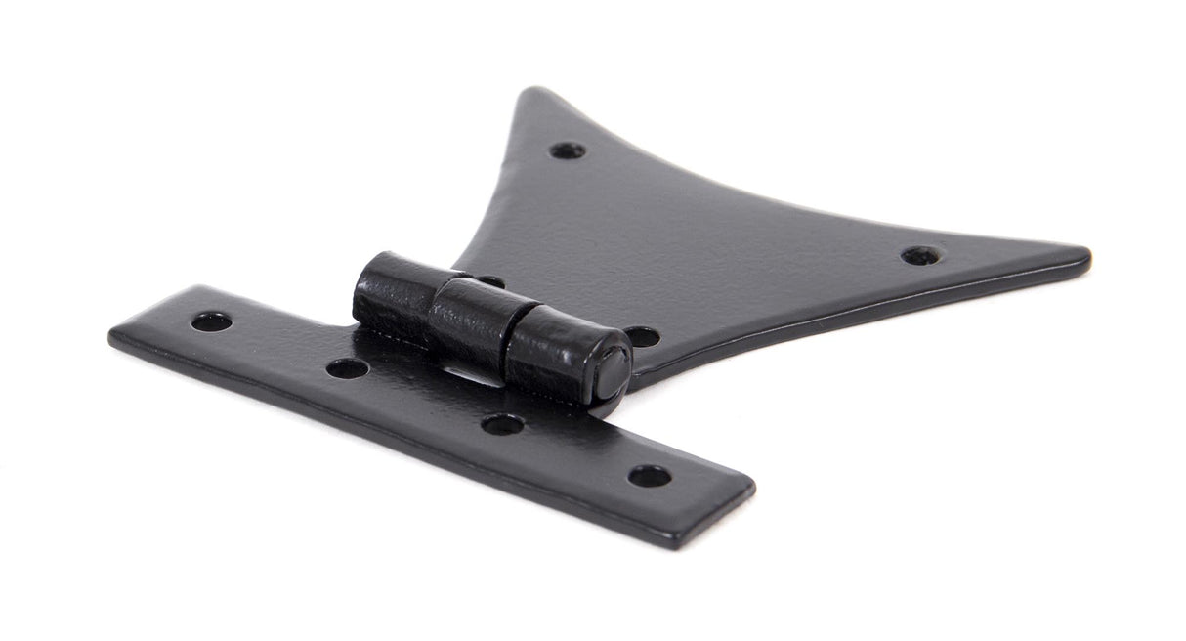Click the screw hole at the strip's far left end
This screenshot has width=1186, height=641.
(x=211, y=321)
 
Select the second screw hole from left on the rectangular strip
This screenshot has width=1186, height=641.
(x=347, y=368)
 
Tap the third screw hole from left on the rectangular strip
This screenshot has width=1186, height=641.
(x=502, y=424)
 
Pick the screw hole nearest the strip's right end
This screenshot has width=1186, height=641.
(x=650, y=476)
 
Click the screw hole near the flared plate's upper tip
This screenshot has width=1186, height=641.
(x=567, y=150)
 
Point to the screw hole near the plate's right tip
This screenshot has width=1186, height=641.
(x=921, y=255)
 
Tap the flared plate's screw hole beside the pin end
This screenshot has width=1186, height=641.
(x=641, y=336)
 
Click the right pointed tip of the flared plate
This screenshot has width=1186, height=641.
(x=1082, y=257)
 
